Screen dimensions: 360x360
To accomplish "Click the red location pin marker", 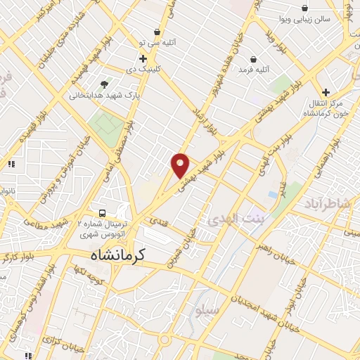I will tap(181, 165).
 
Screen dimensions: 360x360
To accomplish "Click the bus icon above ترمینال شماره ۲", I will tap(103, 213).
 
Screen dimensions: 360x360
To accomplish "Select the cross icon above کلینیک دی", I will tap(143, 59).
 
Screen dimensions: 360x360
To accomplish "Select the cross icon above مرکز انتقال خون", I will tap(326, 92).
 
